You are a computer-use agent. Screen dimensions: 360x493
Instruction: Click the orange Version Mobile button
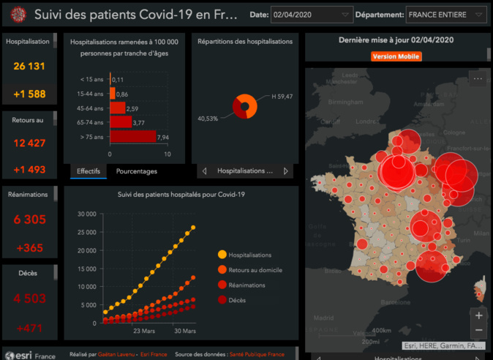(x=397, y=56)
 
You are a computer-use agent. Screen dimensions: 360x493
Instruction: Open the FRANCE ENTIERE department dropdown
(x=445, y=15)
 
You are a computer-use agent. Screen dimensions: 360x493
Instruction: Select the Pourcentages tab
(x=136, y=171)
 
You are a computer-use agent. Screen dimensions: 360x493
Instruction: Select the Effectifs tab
(x=89, y=171)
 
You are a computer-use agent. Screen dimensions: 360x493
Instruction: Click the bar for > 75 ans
(x=132, y=136)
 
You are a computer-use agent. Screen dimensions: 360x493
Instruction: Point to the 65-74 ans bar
(x=121, y=122)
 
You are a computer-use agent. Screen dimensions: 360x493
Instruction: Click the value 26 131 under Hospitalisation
(x=29, y=67)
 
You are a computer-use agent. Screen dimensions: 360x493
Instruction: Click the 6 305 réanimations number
(x=29, y=219)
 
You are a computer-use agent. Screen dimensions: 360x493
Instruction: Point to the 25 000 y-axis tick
(x=86, y=232)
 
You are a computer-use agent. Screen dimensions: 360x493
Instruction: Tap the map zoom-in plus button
(x=478, y=316)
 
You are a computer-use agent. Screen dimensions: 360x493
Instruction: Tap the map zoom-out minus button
(x=478, y=329)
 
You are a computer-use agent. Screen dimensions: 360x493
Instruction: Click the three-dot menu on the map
(x=478, y=78)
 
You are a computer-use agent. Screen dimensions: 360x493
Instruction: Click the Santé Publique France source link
(x=257, y=354)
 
